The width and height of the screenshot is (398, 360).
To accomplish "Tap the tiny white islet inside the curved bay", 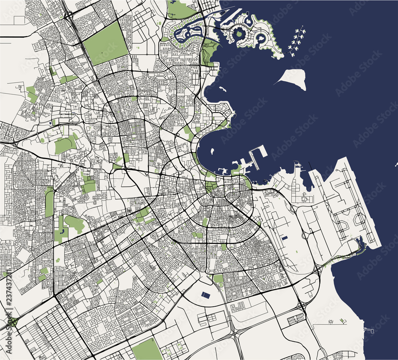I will tap(212, 151).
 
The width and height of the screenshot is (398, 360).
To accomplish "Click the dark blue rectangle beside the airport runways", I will tap(285, 237).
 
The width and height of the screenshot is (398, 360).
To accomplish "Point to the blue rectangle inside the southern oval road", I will tap(206, 295).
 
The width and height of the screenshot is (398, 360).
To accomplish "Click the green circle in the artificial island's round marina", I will tap(239, 34).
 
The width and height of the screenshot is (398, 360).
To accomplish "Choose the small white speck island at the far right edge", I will tap(396, 164).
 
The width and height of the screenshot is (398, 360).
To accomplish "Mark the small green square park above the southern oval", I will tap(218, 278).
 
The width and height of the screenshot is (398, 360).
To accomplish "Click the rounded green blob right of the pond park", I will tap(75, 224).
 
